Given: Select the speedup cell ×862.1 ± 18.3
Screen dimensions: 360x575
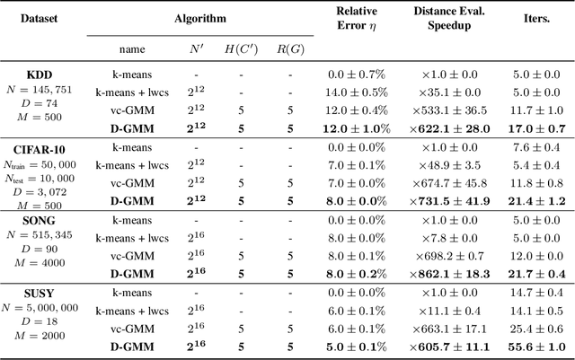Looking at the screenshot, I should pos(456,272).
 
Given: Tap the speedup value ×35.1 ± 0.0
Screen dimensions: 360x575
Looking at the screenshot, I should pos(456,91).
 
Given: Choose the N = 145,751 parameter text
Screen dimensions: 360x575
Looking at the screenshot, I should pos(42,91).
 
